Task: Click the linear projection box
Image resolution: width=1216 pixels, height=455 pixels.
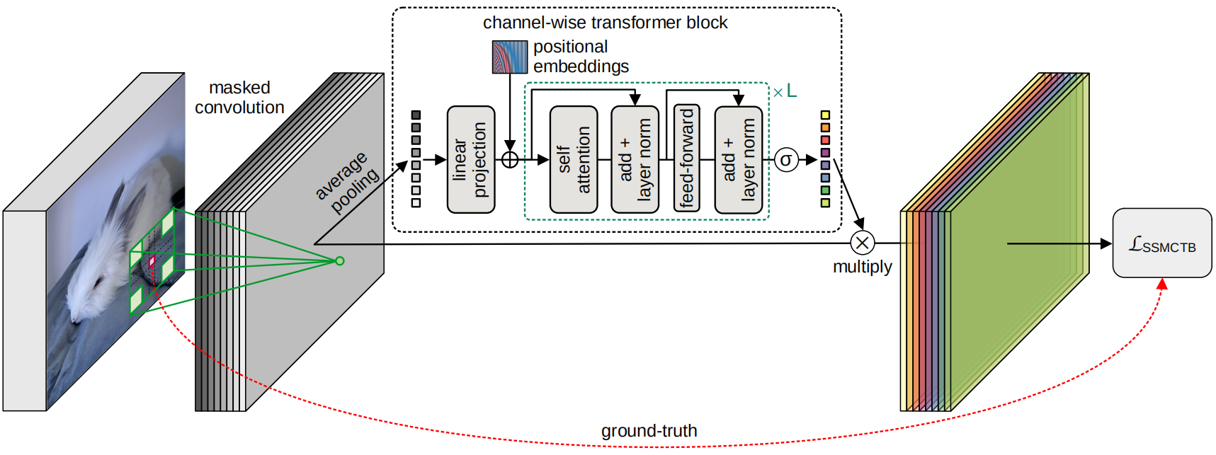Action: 471,160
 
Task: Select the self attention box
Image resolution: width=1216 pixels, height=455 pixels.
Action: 574,160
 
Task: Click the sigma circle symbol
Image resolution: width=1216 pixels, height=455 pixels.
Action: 785,160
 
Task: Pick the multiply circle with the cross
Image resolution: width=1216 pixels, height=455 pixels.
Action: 862,243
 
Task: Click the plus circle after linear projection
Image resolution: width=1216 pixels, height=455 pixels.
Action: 510,160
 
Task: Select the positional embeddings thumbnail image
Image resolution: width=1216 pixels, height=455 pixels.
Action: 510,57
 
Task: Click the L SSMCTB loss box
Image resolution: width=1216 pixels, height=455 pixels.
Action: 1162,243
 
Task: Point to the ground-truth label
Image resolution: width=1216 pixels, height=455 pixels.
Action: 649,431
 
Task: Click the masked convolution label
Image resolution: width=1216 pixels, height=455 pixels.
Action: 239,98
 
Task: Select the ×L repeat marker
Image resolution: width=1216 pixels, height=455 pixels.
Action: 785,91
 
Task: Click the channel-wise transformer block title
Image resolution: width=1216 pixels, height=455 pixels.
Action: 605,23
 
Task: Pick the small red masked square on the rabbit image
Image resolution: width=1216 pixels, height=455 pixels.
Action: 152,260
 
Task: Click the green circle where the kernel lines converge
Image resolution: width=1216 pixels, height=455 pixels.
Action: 340,261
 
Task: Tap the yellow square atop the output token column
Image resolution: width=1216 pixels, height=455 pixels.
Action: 825,115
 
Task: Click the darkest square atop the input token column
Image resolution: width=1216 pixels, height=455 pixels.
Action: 416,115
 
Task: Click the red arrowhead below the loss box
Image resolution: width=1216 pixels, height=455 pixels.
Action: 1161,284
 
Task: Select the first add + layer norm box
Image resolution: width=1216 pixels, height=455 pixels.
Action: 635,160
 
